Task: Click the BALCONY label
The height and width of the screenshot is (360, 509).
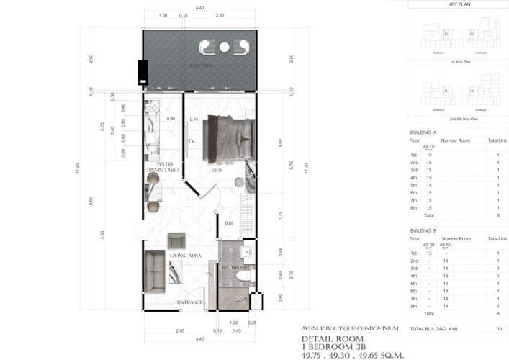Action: (x=199, y=65)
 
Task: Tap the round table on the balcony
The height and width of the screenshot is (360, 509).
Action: (x=224, y=48)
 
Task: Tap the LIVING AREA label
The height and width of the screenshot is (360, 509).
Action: (x=185, y=256)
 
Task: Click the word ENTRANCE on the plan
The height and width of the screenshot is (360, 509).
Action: (x=190, y=302)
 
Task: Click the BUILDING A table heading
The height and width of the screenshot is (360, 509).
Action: (x=423, y=132)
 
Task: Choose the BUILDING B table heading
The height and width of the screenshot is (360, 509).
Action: (x=423, y=230)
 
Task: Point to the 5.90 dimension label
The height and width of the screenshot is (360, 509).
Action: (x=103, y=233)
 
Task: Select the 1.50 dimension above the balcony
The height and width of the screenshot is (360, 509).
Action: (x=163, y=15)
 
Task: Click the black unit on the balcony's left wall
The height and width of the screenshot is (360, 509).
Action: (x=142, y=71)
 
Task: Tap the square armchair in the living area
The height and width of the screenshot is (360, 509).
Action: (x=176, y=240)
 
